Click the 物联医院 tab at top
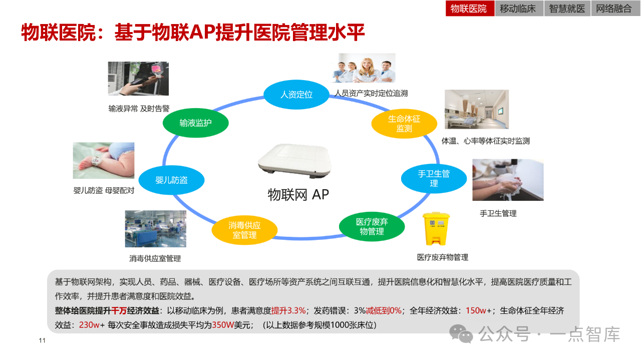pos(469,9)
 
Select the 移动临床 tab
pos(518,9)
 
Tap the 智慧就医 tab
pos(567,9)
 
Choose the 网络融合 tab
pos(614,9)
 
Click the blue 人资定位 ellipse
pos(296,94)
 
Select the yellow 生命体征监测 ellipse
pos(404,124)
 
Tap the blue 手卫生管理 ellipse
pos(434,179)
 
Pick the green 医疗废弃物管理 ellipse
pos(372,227)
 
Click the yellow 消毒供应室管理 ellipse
pos(244,230)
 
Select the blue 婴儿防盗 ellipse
pos(171,180)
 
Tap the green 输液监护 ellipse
pos(195,123)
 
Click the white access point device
pos(294,161)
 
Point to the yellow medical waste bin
pos(436,228)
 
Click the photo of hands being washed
pos(508,180)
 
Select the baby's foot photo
pos(103,160)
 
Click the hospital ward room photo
pos(476,109)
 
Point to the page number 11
pos(42,341)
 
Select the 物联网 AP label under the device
pos(298,194)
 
